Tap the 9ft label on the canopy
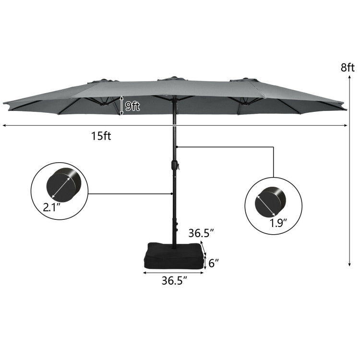pos(132,107)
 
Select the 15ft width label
pos(101,136)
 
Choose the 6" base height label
pos(214,263)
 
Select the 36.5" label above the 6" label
pos(201,233)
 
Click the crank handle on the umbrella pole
pos(176,166)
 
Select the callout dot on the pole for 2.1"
pos(171,194)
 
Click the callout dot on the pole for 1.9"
pos(177,147)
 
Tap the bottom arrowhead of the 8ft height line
pos(348,264)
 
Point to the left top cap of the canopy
pos(107,81)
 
